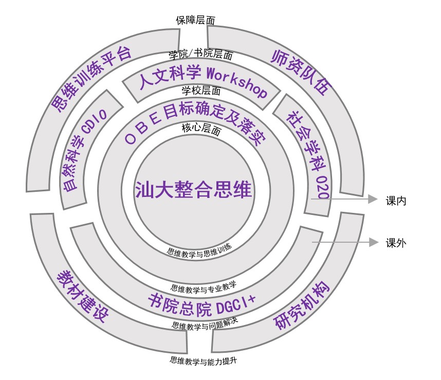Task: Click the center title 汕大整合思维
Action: pos(193,189)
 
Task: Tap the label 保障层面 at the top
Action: pos(195,20)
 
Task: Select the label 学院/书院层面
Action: pos(201,53)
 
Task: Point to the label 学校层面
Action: pos(201,91)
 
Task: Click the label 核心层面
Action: pos(201,129)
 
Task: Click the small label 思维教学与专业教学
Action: pos(204,287)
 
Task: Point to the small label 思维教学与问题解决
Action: pos(205,324)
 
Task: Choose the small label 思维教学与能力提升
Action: pos(204,360)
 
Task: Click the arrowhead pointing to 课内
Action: pos(373,199)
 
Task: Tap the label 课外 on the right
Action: pos(396,243)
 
